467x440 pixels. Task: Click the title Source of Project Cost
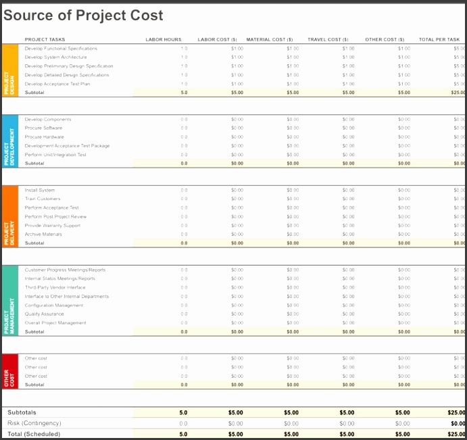(x=83, y=15)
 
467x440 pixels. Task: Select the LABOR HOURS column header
(x=164, y=40)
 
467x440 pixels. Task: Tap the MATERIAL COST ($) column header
(x=269, y=40)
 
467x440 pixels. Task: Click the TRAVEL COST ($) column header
(x=328, y=40)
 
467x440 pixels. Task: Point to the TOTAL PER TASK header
(x=439, y=40)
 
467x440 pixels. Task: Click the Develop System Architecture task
(x=55, y=57)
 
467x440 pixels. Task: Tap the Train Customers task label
(x=43, y=199)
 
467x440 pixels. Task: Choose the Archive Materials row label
(x=43, y=234)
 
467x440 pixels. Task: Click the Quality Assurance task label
(x=44, y=314)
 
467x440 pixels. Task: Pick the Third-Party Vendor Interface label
(x=55, y=287)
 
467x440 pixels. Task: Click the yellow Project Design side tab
(x=10, y=70)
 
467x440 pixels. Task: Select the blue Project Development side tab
(x=10, y=141)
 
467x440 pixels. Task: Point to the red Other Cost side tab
(x=10, y=371)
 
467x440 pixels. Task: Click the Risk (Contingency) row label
(x=33, y=423)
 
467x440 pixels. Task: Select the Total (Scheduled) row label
(x=34, y=434)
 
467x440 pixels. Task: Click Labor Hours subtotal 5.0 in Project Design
(x=184, y=93)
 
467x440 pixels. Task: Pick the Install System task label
(x=40, y=190)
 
